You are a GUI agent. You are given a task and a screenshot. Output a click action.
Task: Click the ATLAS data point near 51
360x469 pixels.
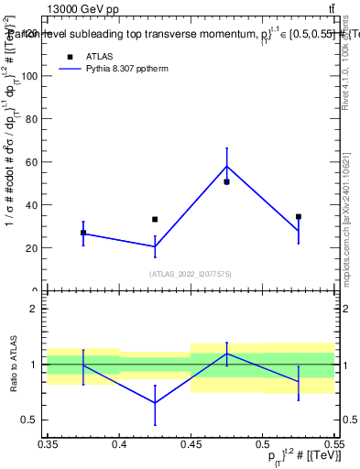pos(226,181)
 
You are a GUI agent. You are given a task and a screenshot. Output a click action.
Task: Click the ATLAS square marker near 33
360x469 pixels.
pos(155,220)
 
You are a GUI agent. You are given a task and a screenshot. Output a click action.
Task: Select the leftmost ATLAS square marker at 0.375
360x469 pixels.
pos(83,233)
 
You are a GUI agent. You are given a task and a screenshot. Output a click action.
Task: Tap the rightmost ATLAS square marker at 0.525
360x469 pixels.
pos(299,217)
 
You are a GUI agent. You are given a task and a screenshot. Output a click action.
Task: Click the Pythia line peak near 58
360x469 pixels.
pos(226,166)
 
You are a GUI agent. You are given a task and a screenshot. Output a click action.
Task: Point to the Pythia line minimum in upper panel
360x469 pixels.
pos(155,246)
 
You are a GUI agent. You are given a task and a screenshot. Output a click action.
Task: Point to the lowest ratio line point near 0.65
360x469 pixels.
pos(155,402)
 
